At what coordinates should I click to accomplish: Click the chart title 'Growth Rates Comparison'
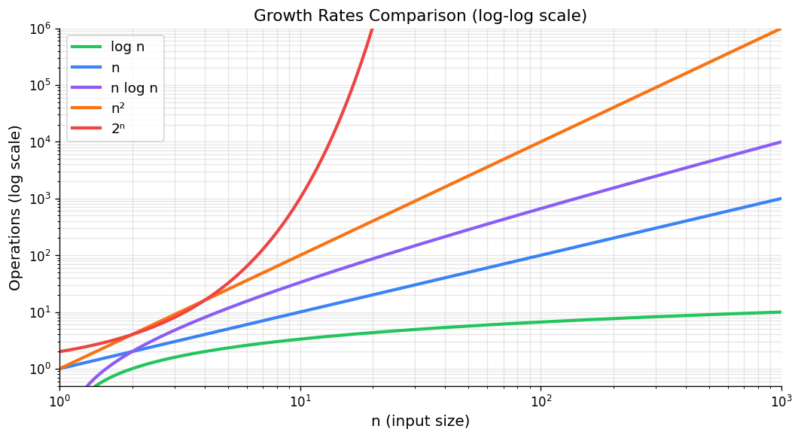point(419,15)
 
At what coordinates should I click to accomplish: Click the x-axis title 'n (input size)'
point(419,421)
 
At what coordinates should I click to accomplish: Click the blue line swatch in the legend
point(86,68)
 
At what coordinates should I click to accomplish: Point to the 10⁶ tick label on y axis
point(41,29)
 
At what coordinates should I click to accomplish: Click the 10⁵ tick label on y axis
point(41,85)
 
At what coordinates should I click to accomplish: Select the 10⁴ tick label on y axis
point(41,142)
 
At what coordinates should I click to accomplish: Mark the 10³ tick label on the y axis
point(41,199)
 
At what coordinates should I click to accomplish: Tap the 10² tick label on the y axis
point(41,256)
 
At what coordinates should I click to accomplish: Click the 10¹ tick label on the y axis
point(41,312)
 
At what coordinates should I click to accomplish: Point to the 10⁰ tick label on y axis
point(41,370)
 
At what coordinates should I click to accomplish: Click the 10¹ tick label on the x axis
point(300,401)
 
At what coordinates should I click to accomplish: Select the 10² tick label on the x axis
point(541,401)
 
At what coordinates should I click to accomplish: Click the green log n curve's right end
point(780,312)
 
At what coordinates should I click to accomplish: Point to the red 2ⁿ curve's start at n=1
point(60,351)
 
